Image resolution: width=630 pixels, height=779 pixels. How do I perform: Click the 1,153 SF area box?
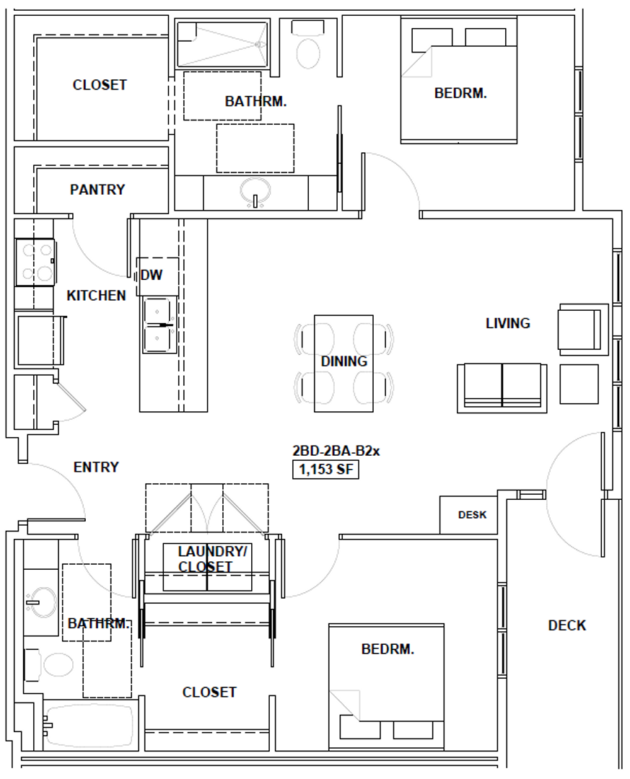pyautogui.click(x=325, y=470)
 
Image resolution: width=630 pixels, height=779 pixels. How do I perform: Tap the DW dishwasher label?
pyautogui.click(x=152, y=275)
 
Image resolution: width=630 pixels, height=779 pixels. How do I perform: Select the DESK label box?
pyautogui.click(x=472, y=515)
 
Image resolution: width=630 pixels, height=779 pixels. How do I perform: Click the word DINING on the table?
pyautogui.click(x=344, y=361)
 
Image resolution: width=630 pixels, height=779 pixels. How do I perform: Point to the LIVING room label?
pyautogui.click(x=507, y=323)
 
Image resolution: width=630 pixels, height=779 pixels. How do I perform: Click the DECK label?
pyautogui.click(x=566, y=625)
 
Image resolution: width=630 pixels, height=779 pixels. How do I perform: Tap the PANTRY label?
pyautogui.click(x=97, y=190)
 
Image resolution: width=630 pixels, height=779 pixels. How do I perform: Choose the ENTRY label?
pyautogui.click(x=96, y=467)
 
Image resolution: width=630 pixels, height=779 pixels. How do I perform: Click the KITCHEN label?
pyautogui.click(x=96, y=295)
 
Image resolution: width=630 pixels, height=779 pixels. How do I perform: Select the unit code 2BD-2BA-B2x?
pyautogui.click(x=336, y=451)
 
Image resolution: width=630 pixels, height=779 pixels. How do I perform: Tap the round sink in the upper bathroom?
pyautogui.click(x=255, y=192)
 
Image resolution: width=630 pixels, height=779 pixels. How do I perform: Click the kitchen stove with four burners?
pyautogui.click(x=35, y=261)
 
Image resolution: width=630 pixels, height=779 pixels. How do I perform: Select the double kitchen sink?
pyautogui.click(x=159, y=325)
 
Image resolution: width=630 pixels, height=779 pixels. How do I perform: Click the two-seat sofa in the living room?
pyautogui.click(x=502, y=387)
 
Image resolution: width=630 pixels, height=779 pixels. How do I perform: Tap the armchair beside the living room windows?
pyautogui.click(x=579, y=328)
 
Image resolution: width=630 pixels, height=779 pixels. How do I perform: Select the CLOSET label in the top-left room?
pyautogui.click(x=100, y=85)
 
